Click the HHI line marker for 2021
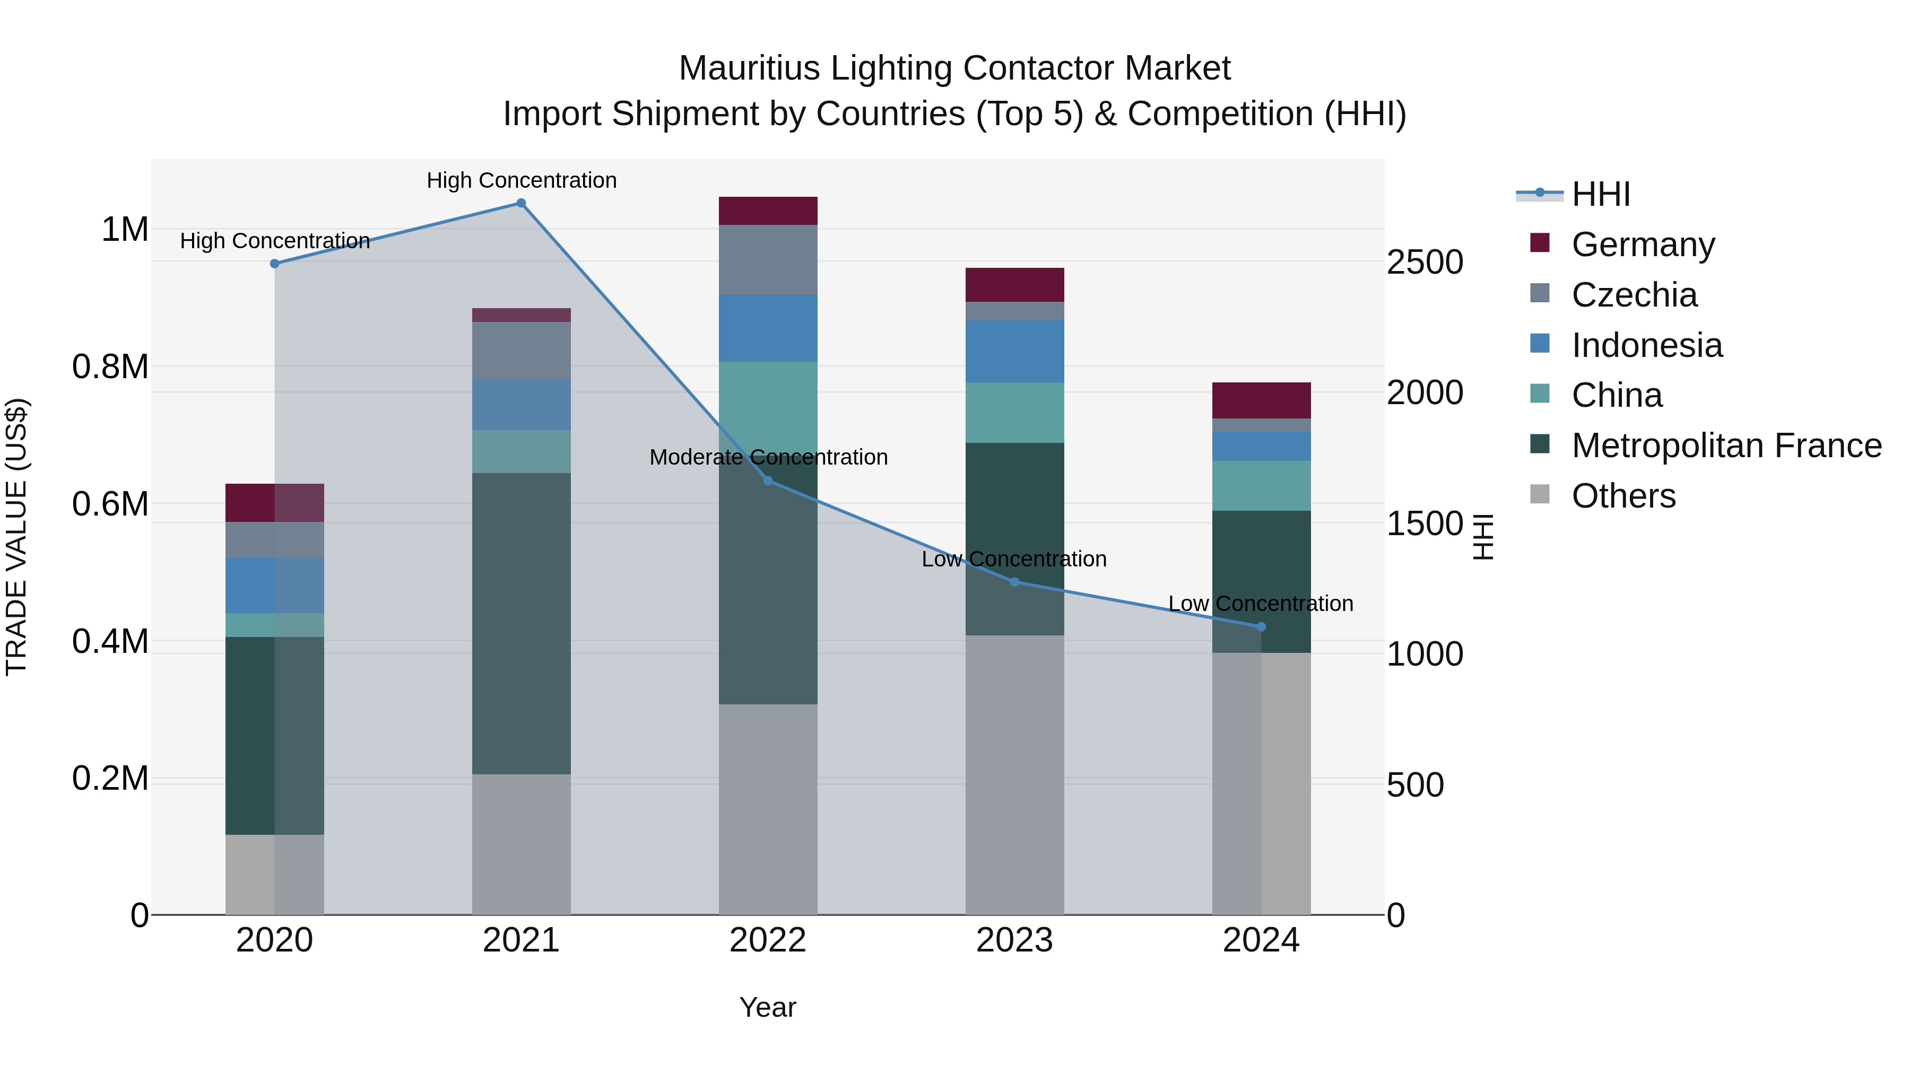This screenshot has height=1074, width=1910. [520, 203]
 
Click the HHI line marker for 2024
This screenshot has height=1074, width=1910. [1261, 627]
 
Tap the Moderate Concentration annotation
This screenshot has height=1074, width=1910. [768, 457]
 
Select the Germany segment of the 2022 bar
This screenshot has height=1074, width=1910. [768, 211]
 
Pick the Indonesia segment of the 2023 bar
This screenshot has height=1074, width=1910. [1014, 351]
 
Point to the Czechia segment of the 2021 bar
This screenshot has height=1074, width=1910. [521, 351]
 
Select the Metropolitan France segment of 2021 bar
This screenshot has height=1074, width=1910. [521, 623]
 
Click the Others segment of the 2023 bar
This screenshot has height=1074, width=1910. [1014, 774]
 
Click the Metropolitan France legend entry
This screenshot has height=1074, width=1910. [1725, 446]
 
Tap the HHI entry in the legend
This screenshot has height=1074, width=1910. [1600, 194]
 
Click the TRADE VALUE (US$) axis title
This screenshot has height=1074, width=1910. [16, 537]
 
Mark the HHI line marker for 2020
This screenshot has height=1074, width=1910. [274, 263]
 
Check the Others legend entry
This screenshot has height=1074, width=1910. [1622, 496]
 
